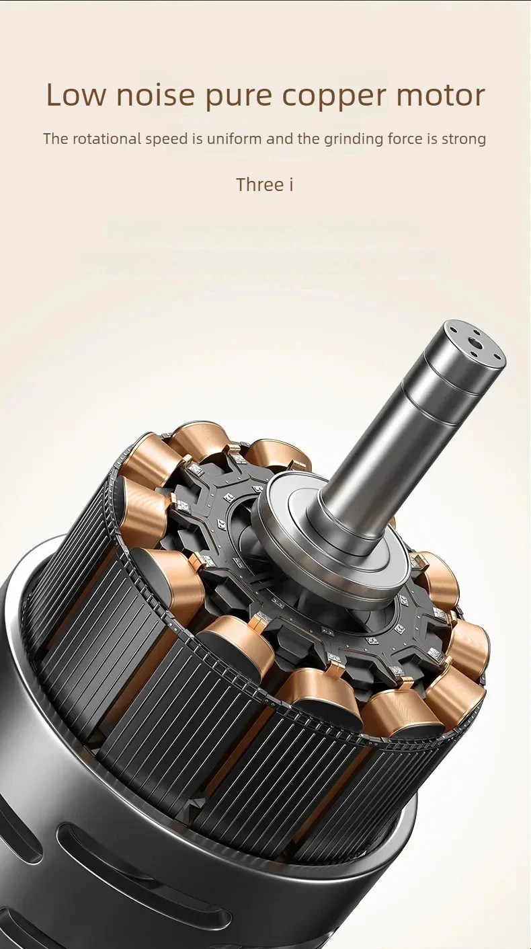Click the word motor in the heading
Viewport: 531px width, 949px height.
(x=441, y=96)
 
